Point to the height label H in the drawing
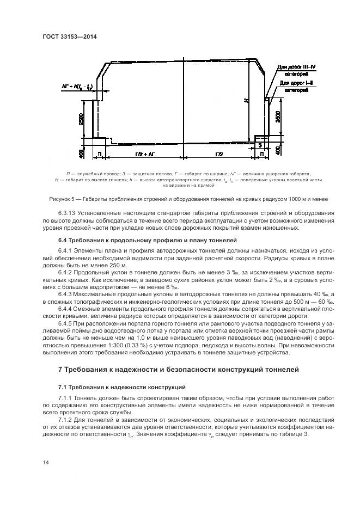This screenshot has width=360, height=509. [x=246, y=101]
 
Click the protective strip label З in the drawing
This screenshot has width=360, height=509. [x=260, y=145]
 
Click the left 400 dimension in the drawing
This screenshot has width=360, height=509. [x=81, y=154]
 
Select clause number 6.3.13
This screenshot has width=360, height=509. [x=68, y=213]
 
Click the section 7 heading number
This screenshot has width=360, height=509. [x=61, y=370]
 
